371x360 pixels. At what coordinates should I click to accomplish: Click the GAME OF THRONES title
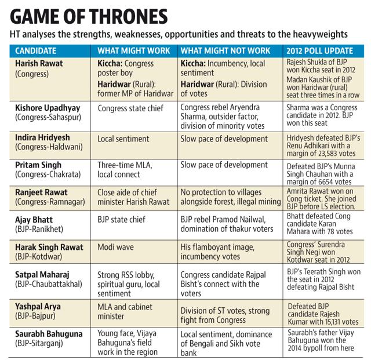pyautogui.click(x=89, y=16)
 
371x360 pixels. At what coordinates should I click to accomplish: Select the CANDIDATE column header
pyautogui.click(x=36, y=50)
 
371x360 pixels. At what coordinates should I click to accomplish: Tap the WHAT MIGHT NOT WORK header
pyautogui.click(x=225, y=50)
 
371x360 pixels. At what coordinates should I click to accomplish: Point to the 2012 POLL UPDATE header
pyautogui.click(x=319, y=50)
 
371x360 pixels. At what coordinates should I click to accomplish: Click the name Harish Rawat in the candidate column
pyautogui.click(x=39, y=63)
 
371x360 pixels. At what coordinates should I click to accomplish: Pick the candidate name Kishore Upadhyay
pyautogui.click(x=48, y=108)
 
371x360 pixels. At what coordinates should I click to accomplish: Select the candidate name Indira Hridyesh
pyautogui.click(x=42, y=137)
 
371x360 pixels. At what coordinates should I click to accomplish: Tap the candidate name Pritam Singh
pyautogui.click(x=38, y=165)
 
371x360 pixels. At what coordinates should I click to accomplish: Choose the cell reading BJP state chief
pyautogui.click(x=121, y=219)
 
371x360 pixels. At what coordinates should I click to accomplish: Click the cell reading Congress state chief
pyautogui.click(x=130, y=108)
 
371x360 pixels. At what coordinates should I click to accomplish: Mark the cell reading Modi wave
pyautogui.click(x=115, y=247)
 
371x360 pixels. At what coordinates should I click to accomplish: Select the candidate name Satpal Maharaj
pyautogui.click(x=42, y=275)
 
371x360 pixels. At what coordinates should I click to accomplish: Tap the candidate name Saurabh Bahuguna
pyautogui.click(x=49, y=334)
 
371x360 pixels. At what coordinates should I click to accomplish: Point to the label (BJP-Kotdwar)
pyautogui.click(x=39, y=257)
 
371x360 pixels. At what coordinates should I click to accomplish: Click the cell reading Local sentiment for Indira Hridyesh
pyautogui.click(x=123, y=139)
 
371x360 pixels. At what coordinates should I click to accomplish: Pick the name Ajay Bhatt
pyautogui.click(x=34, y=220)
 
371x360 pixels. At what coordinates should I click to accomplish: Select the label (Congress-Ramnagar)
pyautogui.click(x=50, y=202)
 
